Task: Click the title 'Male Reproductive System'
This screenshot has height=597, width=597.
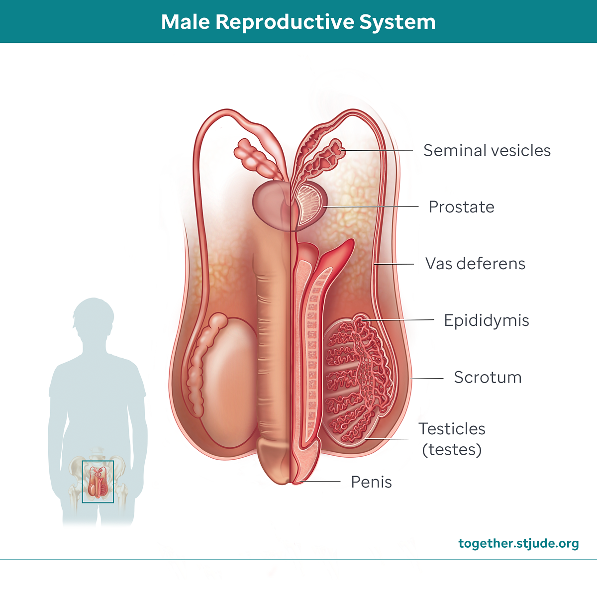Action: [298, 22]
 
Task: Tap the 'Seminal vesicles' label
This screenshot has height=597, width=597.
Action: [487, 150]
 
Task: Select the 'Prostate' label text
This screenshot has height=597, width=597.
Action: [461, 207]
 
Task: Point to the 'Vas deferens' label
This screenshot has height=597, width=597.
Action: [475, 264]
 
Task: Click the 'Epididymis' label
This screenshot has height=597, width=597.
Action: [486, 320]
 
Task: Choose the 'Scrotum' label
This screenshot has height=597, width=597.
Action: [488, 377]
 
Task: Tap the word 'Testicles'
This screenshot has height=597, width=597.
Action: [452, 429]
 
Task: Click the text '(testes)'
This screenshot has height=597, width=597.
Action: [452, 450]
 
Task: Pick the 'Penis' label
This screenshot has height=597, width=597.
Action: [371, 482]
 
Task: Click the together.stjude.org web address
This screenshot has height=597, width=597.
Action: [518, 543]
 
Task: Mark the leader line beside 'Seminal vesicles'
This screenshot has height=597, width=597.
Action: [378, 150]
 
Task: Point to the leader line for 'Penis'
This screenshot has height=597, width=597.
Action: [321, 482]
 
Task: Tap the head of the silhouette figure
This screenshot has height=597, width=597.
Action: [93, 318]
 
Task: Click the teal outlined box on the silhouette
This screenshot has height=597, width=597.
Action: [98, 482]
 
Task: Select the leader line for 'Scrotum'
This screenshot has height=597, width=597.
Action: [427, 379]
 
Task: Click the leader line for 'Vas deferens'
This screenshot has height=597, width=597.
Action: [396, 264]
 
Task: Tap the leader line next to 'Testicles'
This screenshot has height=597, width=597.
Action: [388, 439]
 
